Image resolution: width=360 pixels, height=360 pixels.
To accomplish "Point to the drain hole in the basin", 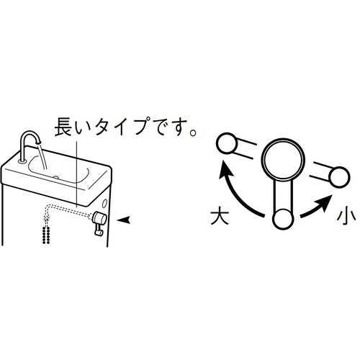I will [55, 176].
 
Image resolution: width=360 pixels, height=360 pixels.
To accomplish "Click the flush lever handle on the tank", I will [98, 220].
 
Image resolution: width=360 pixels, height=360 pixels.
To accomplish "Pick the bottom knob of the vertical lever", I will [282, 218].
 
